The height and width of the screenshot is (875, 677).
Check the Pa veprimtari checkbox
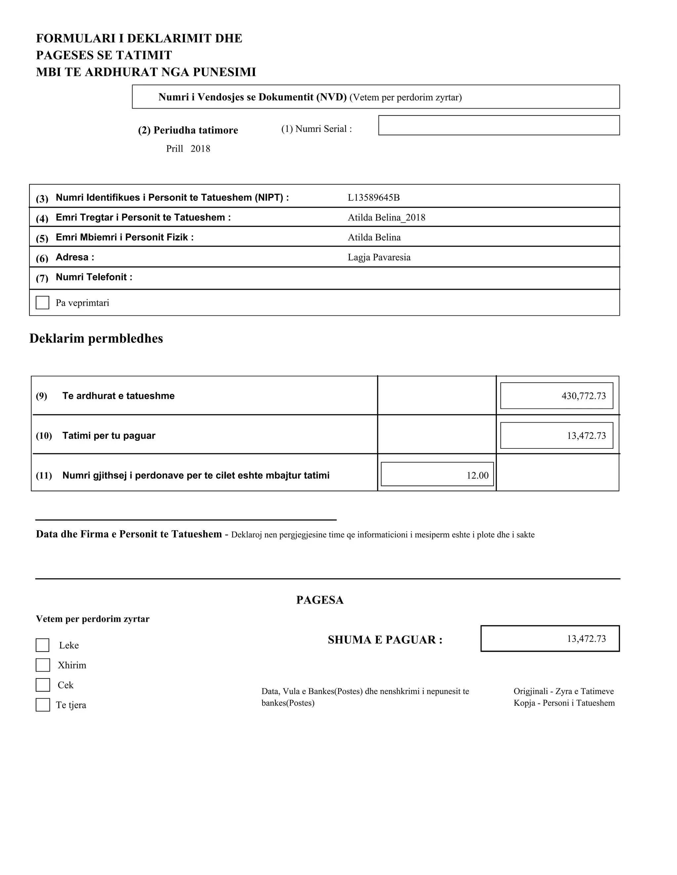(43, 302)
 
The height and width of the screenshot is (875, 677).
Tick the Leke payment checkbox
(43, 645)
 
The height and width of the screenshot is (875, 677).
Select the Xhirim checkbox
(43, 665)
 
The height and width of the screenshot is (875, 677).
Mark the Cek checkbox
(43, 685)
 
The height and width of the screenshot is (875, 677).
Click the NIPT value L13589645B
(374, 197)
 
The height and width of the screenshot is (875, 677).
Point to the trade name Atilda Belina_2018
(386, 218)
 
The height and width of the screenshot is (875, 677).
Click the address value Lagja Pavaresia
(379, 257)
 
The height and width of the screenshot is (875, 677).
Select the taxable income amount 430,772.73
(583, 396)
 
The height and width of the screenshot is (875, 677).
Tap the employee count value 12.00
(477, 475)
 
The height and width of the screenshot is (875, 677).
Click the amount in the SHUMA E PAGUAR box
(586, 639)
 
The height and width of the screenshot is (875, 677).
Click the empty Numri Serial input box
(498, 125)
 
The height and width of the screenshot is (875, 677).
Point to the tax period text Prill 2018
(188, 149)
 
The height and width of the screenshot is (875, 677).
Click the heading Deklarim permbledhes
(96, 338)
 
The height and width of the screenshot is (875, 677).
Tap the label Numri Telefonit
(94, 277)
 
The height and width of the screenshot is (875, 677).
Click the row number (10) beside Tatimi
(44, 436)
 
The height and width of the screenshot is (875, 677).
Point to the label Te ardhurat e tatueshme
(118, 396)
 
